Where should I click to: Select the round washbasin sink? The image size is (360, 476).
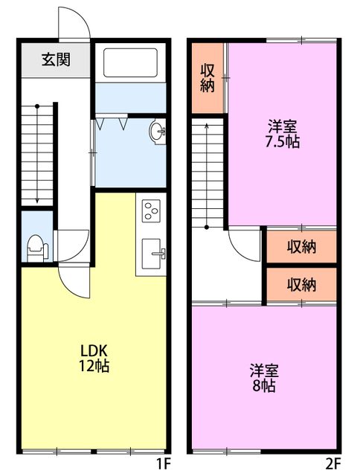pos(158,132)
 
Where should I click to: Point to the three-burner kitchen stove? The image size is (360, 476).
pos(152,211)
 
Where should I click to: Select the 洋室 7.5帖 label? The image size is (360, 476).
pos(282,133)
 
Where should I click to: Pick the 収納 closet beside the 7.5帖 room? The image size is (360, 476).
pos(208,78)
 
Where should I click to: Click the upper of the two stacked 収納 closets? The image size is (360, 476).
pos(301,246)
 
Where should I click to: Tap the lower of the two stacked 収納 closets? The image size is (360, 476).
pos(301,283)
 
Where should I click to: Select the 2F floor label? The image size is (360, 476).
pos(333,464)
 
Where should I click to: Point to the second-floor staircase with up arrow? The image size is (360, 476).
pos(208,175)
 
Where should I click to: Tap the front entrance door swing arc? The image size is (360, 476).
pos(74,24)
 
